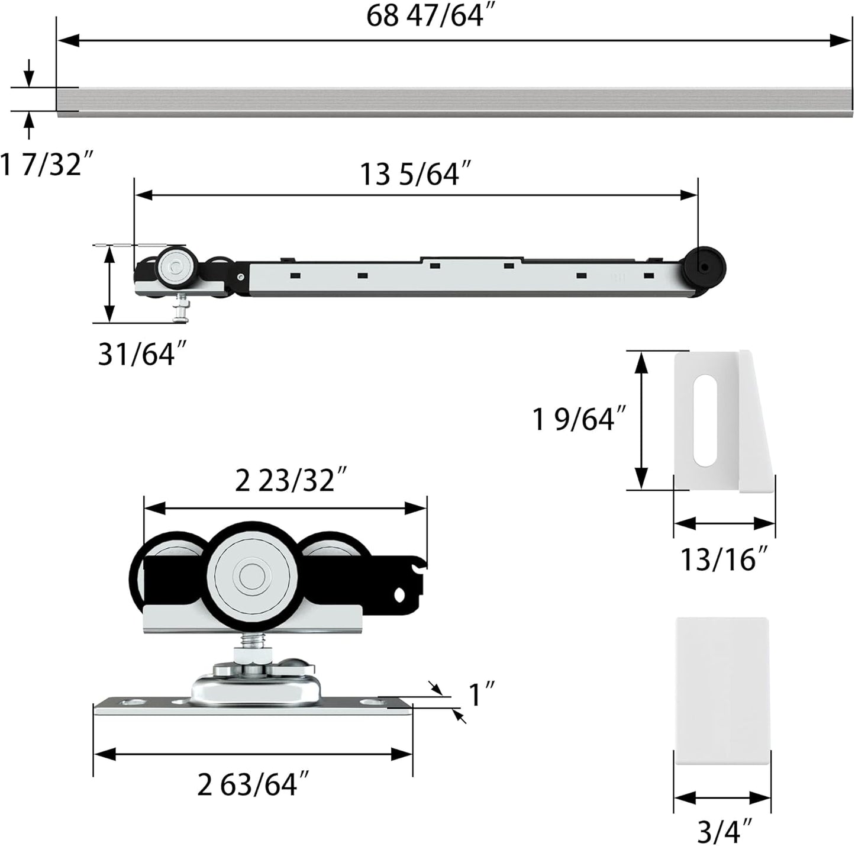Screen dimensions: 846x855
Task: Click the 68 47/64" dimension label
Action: (x=430, y=16)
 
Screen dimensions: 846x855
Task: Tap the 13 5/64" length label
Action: (x=415, y=175)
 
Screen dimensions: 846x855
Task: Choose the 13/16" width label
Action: (x=724, y=559)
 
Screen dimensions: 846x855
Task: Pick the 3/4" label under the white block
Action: (x=722, y=829)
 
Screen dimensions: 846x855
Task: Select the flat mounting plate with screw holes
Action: (x=252, y=706)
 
